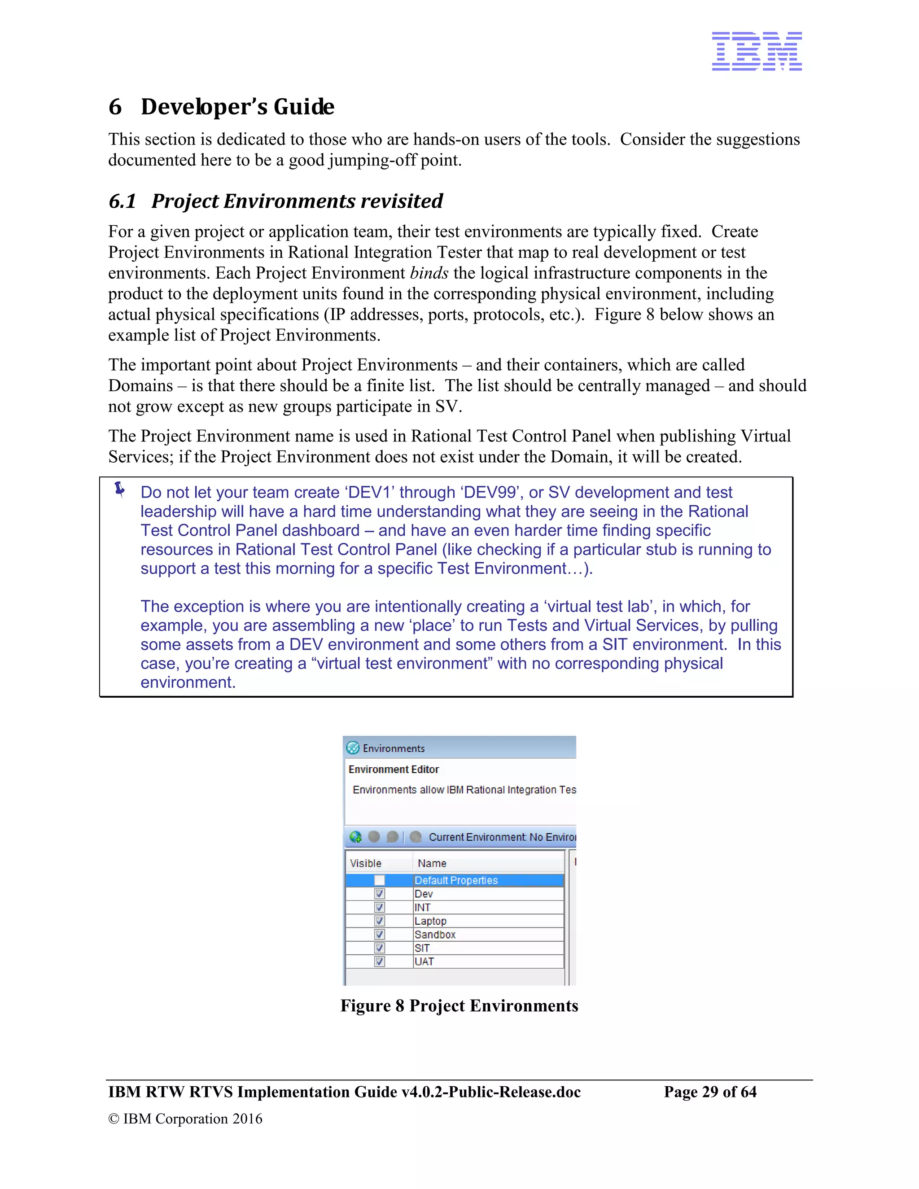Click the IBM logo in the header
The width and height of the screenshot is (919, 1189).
point(756,51)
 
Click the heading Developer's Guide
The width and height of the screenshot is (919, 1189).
point(237,107)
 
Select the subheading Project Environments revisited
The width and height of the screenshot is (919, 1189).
point(297,201)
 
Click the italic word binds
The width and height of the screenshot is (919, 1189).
point(429,273)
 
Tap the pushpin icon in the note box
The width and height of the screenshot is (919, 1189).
point(120,490)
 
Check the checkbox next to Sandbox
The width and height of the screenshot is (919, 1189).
point(380,934)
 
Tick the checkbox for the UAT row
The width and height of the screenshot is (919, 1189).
point(380,962)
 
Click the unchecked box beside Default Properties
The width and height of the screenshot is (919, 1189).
point(380,880)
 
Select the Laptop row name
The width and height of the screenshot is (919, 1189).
point(430,921)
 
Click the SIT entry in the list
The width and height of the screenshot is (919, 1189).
point(422,948)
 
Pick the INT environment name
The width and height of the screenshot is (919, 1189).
point(422,907)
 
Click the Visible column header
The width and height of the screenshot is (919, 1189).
point(366,863)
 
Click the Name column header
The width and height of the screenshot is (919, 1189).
point(432,863)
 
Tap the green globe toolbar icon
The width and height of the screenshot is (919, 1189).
point(355,837)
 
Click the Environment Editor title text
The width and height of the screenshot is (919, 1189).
point(394,769)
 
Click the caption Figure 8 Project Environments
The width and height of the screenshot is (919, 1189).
point(459,1005)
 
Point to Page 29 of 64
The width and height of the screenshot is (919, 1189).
point(710,1092)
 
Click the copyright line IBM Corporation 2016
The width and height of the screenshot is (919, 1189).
point(185,1118)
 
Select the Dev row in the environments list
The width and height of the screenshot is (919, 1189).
point(424,894)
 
